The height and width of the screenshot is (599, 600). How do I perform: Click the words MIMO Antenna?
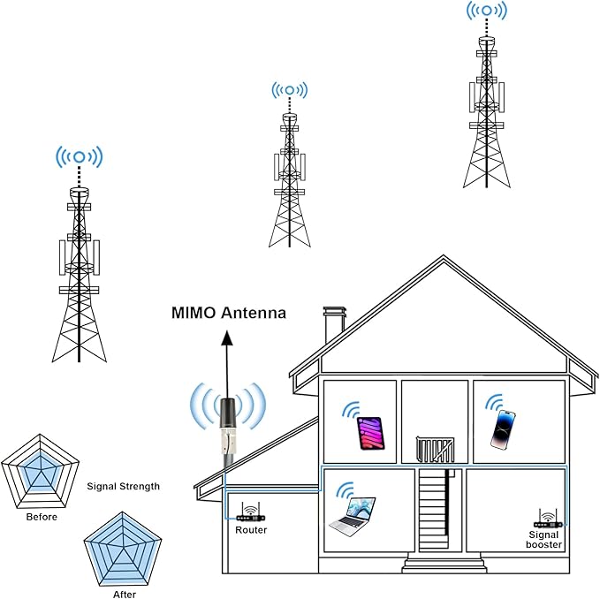229,313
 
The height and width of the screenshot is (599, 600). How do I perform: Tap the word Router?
251,530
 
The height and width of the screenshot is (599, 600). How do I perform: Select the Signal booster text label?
543,539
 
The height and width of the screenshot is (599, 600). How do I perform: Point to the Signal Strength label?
123,486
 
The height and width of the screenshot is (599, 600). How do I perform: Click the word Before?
42,517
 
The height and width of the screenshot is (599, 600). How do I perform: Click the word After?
125,594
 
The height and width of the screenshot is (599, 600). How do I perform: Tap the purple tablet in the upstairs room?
370,434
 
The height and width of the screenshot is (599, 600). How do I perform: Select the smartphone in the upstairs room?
503,429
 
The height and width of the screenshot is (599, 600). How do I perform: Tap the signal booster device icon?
548,519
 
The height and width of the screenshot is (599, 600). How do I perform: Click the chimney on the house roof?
334,324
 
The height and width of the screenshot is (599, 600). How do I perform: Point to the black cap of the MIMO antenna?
229,413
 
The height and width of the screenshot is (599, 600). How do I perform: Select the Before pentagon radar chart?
40,471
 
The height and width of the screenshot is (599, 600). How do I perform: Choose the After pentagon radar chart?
123,550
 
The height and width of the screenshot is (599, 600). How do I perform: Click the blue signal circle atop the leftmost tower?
80,157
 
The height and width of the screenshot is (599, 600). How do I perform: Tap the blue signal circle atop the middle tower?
290,90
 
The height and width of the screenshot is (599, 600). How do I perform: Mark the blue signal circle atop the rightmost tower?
486,11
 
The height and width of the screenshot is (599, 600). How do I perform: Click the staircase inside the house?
434,510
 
